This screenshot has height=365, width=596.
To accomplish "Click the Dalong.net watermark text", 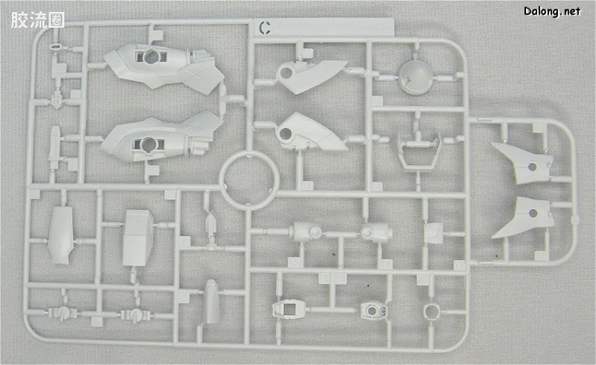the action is pos(552,11).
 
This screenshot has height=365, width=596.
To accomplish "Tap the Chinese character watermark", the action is pos(37,20).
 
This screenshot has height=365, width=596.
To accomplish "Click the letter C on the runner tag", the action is pos(265,28).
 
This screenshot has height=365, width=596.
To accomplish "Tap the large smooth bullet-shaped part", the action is pos(211,302).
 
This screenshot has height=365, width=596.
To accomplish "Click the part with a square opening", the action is pos(288,309).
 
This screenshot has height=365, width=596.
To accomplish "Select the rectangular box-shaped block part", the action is pos(137,238).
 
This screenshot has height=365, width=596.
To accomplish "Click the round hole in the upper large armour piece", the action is pos(151,57).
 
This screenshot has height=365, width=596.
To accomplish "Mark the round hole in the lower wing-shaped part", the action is pos(533,213).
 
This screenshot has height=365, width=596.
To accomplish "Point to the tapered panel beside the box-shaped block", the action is pos(61,235).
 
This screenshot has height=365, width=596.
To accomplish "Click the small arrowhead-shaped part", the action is pos(211,224).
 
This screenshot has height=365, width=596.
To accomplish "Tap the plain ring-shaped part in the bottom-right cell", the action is pos(432,312).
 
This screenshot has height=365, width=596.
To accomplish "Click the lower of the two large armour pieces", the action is pos(161,138).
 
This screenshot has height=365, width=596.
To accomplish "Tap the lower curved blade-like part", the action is pos(310,133).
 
